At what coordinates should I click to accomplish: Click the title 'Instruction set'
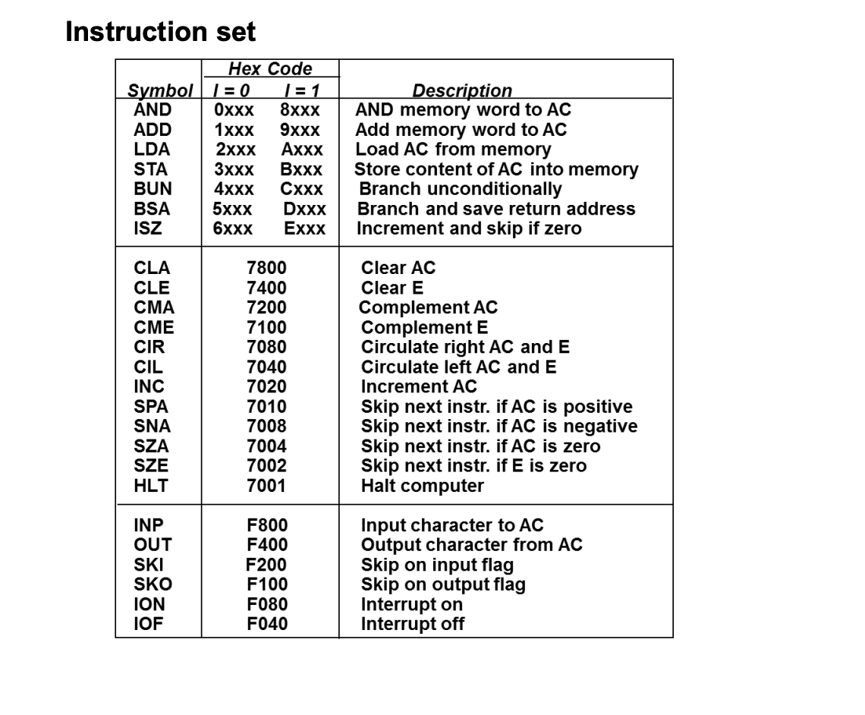click(160, 32)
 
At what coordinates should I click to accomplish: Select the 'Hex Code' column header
click(270, 69)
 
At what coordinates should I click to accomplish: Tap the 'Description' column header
click(462, 91)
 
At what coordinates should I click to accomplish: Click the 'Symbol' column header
click(160, 91)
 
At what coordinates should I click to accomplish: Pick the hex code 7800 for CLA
click(266, 268)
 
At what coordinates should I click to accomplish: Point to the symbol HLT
click(151, 485)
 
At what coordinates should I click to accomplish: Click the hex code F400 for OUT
click(267, 545)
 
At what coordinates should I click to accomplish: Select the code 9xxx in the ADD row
click(300, 130)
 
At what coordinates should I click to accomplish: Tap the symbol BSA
click(153, 209)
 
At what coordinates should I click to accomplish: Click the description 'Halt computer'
click(422, 486)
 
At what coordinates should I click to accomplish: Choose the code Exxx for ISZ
click(305, 228)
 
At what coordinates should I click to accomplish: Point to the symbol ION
click(149, 604)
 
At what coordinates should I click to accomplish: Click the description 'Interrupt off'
click(412, 624)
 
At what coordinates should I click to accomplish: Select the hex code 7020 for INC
click(266, 386)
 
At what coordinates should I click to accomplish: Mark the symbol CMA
click(154, 307)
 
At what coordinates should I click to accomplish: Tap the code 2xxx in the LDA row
click(235, 150)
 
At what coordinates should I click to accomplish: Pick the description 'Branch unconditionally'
click(461, 189)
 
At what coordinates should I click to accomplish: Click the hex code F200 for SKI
click(266, 565)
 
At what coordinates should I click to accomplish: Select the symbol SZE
click(151, 465)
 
